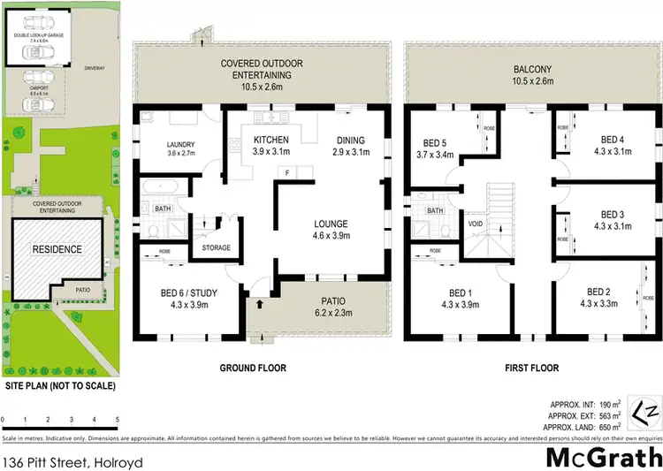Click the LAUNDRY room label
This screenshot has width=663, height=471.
click(180, 146)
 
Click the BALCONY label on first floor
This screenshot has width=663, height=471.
click(533, 69)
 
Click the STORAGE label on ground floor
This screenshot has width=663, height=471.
click(217, 248)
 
